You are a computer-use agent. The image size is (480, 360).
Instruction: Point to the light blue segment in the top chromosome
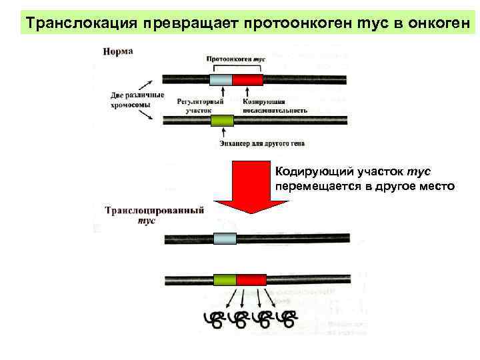tap(221, 81)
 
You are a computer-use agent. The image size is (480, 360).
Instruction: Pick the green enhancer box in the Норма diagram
tap(222, 121)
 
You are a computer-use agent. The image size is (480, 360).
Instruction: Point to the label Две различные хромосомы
tap(137, 99)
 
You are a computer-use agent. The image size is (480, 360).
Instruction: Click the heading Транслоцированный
tap(154, 211)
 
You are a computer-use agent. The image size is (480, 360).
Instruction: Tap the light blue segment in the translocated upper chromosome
tap(225, 239)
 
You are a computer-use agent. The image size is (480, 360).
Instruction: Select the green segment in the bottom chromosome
tap(224, 279)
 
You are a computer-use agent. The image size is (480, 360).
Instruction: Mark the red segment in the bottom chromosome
tap(251, 279)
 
